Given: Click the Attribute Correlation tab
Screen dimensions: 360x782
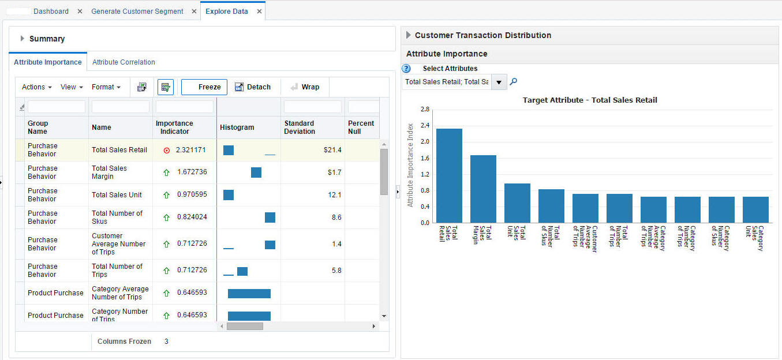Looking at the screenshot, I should [124, 62].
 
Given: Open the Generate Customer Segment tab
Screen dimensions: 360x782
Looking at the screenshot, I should [137, 12].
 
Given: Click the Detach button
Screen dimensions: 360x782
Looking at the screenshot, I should [253, 87].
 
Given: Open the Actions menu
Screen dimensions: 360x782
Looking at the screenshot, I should [36, 87].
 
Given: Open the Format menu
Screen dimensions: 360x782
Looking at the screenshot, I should [106, 87].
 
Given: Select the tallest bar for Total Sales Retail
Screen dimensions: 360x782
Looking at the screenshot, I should [449, 175].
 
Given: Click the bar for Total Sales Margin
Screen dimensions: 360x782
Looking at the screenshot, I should [483, 189].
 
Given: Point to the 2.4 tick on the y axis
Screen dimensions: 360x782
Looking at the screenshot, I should [425, 125].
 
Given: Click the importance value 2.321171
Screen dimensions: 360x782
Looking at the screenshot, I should [191, 150].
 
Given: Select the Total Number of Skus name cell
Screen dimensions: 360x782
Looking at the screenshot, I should [117, 217].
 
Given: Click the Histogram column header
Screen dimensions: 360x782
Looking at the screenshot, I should [237, 127].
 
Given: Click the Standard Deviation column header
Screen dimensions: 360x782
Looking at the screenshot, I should [299, 127].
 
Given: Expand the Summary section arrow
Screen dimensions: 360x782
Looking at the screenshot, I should [23, 39].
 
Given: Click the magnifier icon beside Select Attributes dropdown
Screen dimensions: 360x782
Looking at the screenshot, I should [514, 82].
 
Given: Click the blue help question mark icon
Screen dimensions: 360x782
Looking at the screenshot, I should [406, 69].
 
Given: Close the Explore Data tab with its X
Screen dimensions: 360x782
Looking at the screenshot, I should [260, 12].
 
